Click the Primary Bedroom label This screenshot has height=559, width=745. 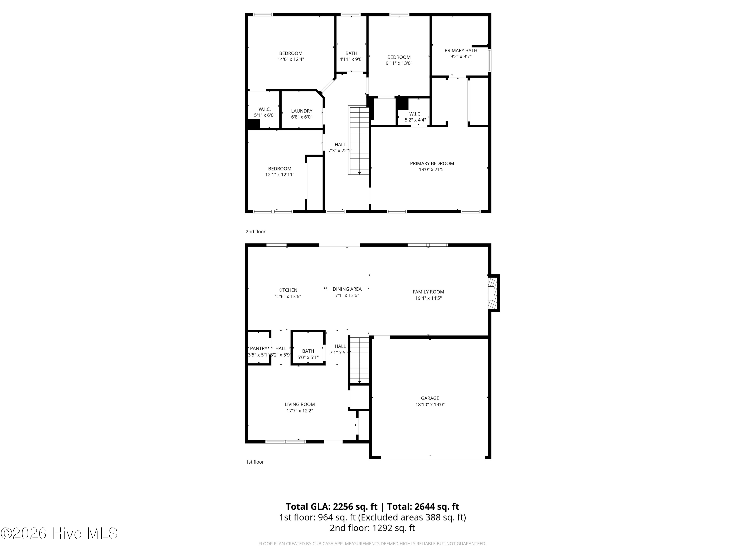432,163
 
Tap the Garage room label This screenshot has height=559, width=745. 430,398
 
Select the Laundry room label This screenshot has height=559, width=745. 302,111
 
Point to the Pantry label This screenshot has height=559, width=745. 259,348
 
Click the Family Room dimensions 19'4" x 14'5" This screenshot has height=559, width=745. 428,298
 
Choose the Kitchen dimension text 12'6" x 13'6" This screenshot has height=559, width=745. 288,296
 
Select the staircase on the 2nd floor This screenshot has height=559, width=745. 359,140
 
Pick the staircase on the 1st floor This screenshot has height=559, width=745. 359,360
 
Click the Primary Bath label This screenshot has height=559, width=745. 461,50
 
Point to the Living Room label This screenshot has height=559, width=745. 299,404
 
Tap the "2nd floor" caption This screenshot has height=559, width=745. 255,232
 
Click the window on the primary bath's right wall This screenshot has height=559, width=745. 490,60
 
